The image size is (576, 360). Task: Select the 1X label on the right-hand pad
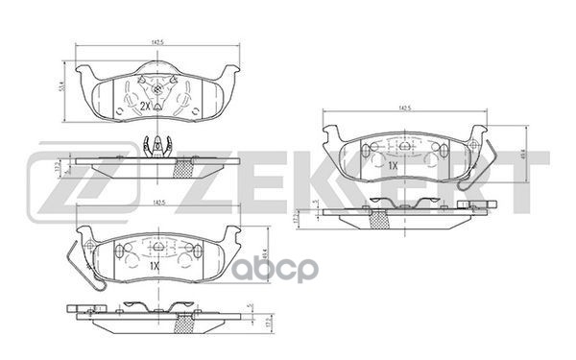click(x=393, y=164)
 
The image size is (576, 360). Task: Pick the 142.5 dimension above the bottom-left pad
click(x=154, y=204)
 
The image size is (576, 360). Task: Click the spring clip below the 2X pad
click(x=156, y=146)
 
